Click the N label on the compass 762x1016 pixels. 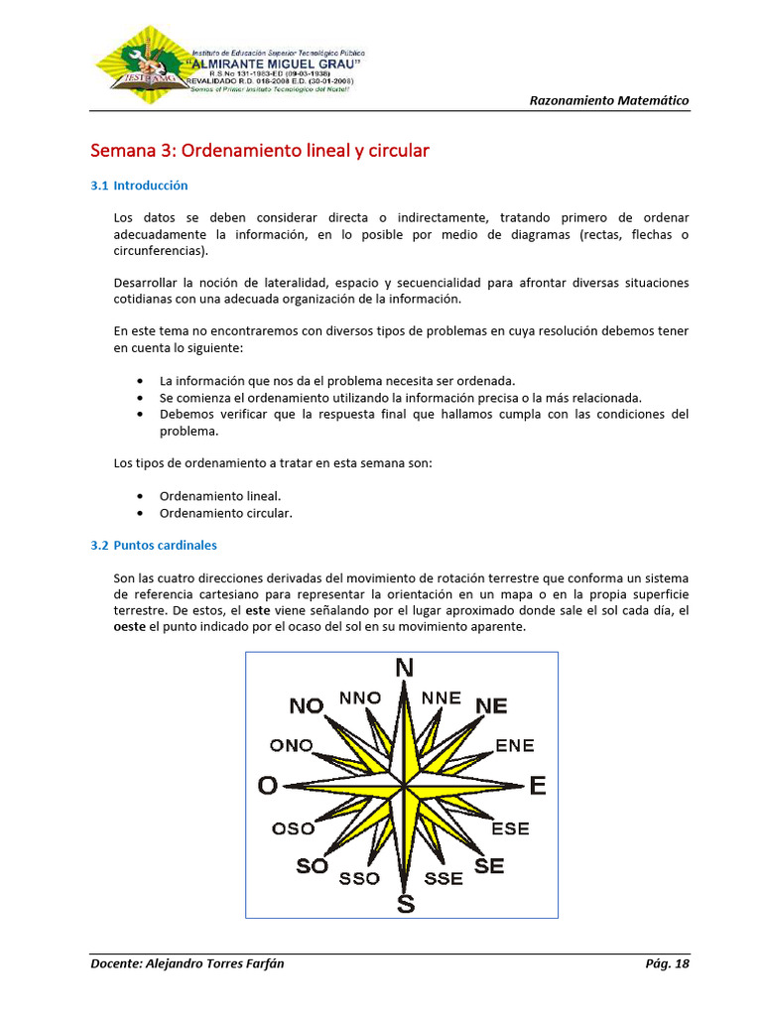click(x=404, y=668)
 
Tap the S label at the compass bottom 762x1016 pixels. click(x=405, y=903)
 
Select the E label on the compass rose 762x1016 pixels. click(x=537, y=786)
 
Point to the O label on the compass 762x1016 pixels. click(x=267, y=786)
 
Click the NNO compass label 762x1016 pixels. click(x=360, y=698)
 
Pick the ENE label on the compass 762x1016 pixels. click(x=514, y=745)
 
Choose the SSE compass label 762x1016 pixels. click(x=444, y=878)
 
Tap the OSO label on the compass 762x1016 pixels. click(x=293, y=828)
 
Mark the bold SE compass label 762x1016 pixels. click(x=489, y=866)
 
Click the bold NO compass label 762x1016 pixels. click(x=307, y=705)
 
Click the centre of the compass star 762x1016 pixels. click(x=404, y=787)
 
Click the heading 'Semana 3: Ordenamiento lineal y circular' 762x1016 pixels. click(x=260, y=151)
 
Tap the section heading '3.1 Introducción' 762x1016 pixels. click(x=139, y=186)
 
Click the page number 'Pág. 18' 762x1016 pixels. click(x=667, y=963)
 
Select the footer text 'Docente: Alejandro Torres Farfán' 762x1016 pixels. click(x=187, y=963)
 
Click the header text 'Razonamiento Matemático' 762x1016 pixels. click(x=608, y=100)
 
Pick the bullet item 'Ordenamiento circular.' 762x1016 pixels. click(x=226, y=513)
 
